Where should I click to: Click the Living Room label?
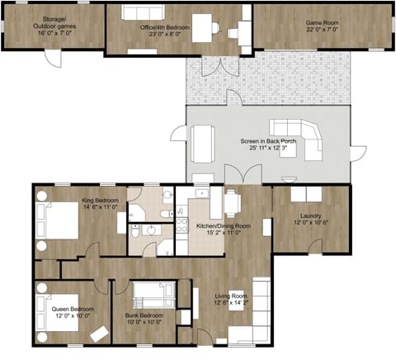point(232,298)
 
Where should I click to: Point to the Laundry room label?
point(310,217)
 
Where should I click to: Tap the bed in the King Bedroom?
point(55,220)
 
